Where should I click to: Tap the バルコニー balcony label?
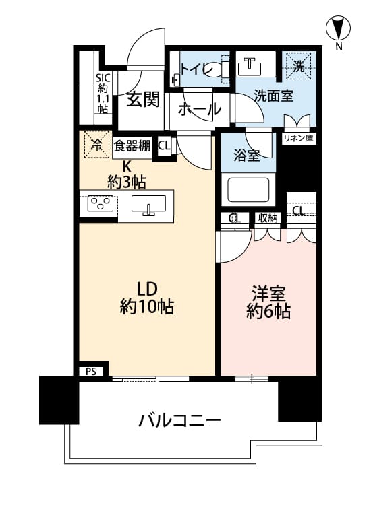180,420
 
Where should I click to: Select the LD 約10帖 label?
147,298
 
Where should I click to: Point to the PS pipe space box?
91,371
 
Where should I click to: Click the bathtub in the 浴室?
248,190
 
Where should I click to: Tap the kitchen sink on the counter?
148,205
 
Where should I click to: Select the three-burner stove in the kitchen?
101,203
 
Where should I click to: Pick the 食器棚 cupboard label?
132,146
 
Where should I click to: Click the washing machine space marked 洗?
298,67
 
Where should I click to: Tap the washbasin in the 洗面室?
250,67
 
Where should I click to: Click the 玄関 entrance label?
143,100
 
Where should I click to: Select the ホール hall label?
199,109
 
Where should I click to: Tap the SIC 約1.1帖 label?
103,94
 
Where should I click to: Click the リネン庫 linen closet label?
298,139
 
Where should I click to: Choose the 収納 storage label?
268,218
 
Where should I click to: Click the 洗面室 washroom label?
274,96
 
